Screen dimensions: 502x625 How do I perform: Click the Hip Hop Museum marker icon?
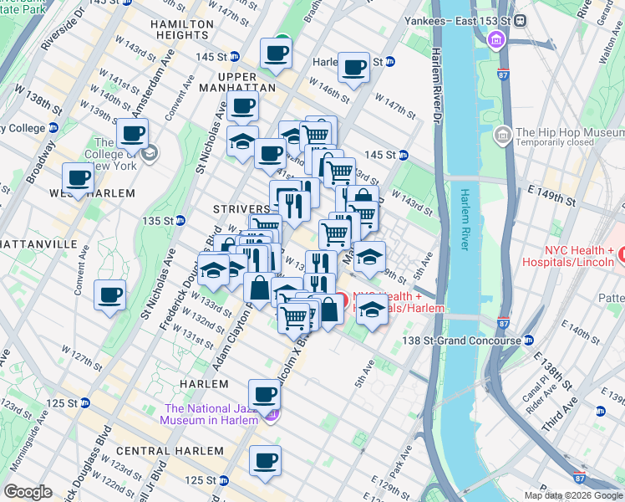tap(503, 134)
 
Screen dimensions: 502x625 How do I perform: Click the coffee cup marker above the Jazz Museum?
tap(264, 392)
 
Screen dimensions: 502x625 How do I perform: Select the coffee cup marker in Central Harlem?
tap(267, 459)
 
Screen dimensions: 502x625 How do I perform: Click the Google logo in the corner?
tap(28, 491)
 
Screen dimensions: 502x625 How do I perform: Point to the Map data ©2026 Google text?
tap(572, 495)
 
